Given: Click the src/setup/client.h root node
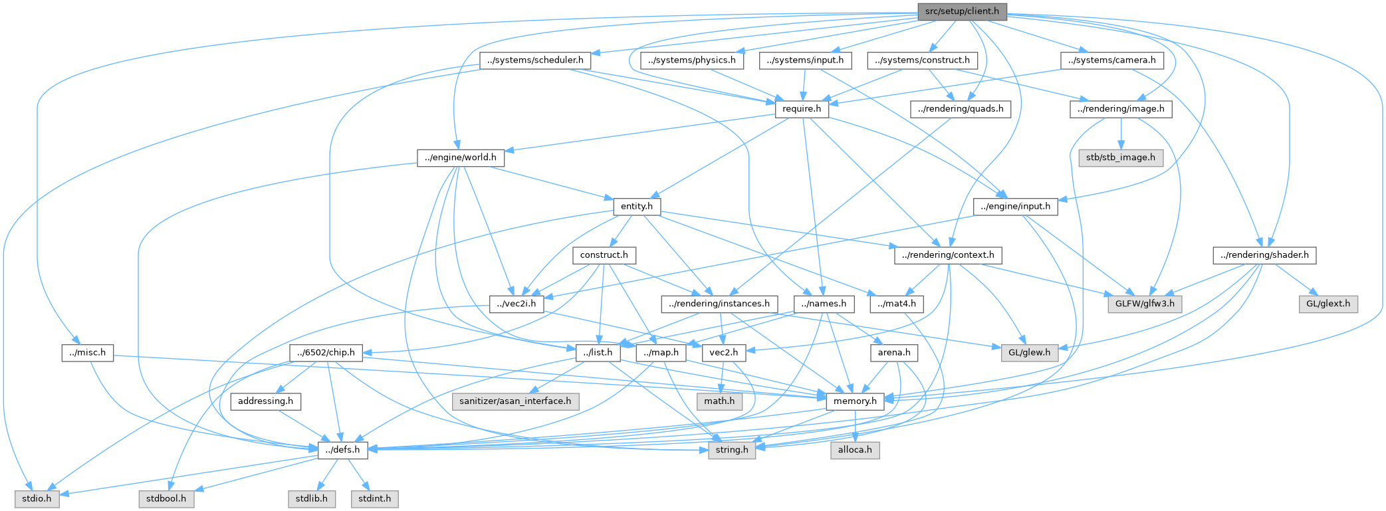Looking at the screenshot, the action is pos(962,11).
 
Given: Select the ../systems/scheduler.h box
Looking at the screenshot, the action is pos(535,60).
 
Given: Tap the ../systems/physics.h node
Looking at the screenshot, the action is pos(692,60).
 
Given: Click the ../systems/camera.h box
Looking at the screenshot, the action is pos(1111,60).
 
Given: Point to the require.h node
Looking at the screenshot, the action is pos(802,109).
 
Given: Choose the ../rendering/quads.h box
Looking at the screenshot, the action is pos(960,109).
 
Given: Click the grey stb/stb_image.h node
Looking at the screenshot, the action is pos(1121,158).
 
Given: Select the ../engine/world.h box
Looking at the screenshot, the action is pos(461,158).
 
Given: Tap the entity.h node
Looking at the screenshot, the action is pos(637,207).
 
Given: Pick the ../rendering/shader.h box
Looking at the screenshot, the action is pos(1264,255).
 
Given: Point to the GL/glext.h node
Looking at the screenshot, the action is pos(1328,304).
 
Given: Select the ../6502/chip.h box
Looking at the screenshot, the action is pos(326,353).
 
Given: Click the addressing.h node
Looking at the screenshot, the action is pos(265,401).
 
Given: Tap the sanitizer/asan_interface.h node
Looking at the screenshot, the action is pos(515,401).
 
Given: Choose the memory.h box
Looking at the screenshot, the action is pos(855,401).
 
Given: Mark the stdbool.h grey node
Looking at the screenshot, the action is pos(166,499).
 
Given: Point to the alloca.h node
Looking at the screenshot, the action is pos(855,451).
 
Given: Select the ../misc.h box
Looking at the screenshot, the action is pos(87,353).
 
